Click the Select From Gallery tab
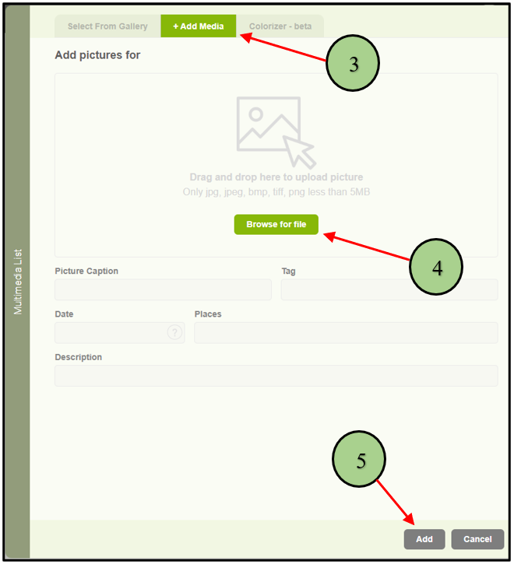[x=107, y=26]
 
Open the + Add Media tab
[x=199, y=26]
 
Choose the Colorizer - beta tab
[x=280, y=26]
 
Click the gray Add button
[x=424, y=539]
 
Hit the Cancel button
[x=477, y=539]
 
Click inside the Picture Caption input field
[x=164, y=289]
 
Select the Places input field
[x=346, y=333]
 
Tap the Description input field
[x=276, y=376]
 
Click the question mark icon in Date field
[x=174, y=332]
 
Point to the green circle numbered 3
[x=353, y=63]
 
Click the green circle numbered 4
[x=436, y=267]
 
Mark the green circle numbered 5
[x=359, y=459]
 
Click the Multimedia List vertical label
[x=18, y=282]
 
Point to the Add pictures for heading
[x=97, y=55]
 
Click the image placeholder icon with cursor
[x=276, y=132]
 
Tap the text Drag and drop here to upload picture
[x=276, y=177]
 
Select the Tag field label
[x=288, y=271]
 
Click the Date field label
[x=64, y=314]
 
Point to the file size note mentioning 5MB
[x=276, y=191]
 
